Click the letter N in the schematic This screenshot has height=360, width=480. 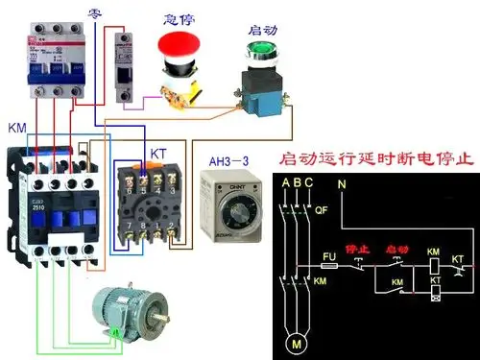pyautogui.click(x=341, y=182)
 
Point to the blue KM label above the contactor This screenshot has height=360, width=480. pyautogui.click(x=16, y=128)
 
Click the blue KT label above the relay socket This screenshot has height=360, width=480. pyautogui.click(x=157, y=154)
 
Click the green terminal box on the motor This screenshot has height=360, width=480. pyautogui.click(x=114, y=332)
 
